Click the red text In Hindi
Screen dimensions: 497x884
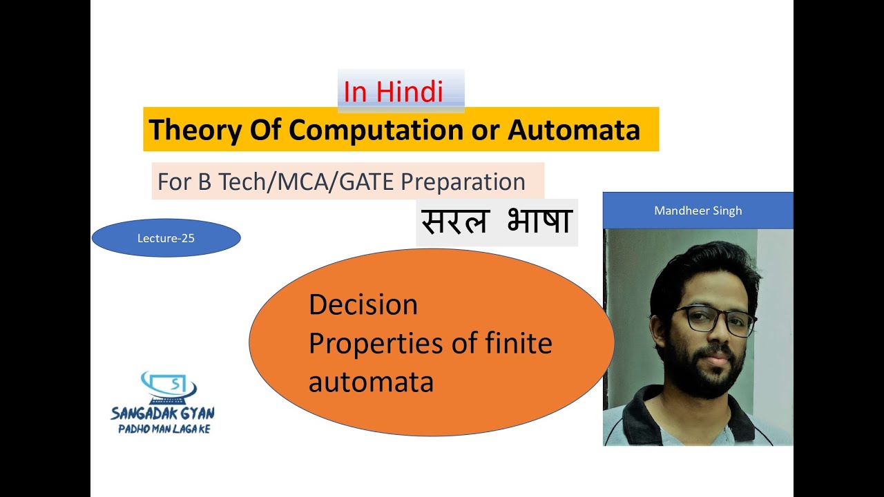click(393, 92)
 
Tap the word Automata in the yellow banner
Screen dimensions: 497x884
click(574, 130)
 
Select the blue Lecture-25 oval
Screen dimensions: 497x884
click(166, 238)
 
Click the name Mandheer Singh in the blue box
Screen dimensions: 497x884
click(698, 211)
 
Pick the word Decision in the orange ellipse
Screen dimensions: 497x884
click(363, 304)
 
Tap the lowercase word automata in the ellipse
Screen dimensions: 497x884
click(371, 381)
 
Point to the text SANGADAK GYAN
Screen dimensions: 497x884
click(162, 413)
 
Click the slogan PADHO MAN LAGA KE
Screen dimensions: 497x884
click(164, 429)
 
